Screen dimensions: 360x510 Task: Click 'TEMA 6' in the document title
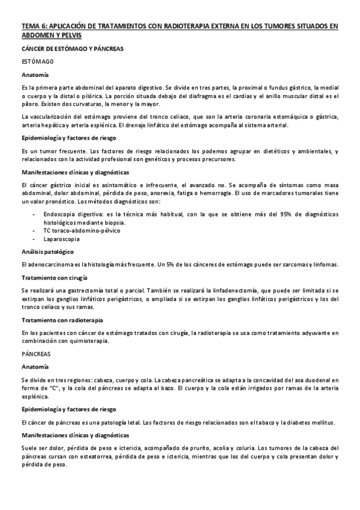32,26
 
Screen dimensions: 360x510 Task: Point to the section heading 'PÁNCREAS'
36,354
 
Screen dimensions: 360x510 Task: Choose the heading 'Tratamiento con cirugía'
53,277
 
